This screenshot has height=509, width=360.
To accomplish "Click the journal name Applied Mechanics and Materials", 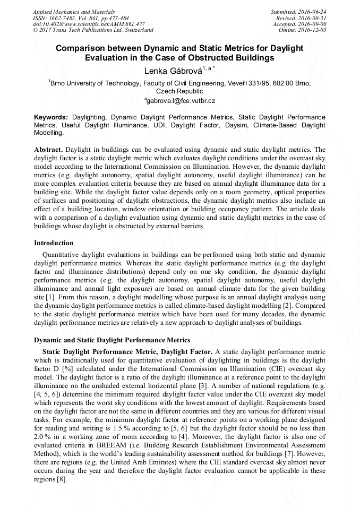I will pos(73,12).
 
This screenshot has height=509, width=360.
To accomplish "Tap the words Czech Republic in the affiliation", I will pos(179,91).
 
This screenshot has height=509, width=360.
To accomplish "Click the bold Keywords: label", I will pos(51,117).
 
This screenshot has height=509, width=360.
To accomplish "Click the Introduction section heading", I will pos(54,243).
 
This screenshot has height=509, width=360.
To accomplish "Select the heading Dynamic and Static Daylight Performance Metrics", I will pos(112,340).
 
